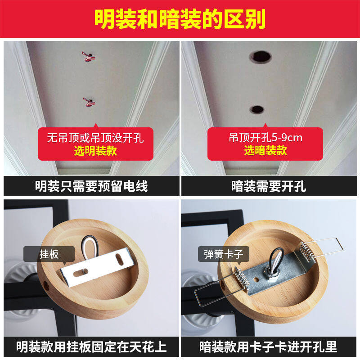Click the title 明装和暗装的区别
180,19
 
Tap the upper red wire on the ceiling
88,57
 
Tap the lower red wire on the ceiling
88,102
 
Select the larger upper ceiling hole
261,57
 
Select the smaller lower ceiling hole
257,110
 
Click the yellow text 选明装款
95,151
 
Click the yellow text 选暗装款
265,151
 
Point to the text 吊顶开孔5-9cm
265,138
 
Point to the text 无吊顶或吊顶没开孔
95,138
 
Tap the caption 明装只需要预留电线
91,186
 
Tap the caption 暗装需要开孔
269,186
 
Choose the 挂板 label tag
49,254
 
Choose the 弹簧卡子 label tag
223,254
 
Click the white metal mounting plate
97,267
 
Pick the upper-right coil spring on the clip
306,252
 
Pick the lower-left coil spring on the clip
242,279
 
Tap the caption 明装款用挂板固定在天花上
91,346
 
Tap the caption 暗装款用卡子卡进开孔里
268,346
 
